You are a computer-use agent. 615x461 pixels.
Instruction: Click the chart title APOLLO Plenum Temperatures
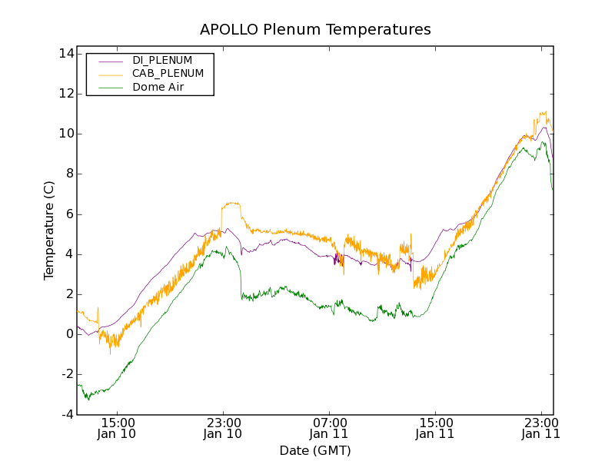315,30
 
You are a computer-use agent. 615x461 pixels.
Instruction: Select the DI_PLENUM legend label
162,60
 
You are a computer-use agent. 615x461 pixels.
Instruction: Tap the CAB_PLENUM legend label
168,74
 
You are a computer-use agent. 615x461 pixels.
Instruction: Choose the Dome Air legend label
158,88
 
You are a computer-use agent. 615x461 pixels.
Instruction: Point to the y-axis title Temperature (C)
49,230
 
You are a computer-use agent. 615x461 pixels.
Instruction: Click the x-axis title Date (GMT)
315,450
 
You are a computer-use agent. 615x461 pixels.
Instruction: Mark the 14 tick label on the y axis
65,54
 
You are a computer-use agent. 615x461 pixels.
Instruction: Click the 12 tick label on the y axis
65,94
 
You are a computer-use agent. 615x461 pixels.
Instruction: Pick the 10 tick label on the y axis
65,134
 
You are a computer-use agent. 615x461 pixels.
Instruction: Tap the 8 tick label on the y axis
69,174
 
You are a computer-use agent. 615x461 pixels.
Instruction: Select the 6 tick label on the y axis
69,214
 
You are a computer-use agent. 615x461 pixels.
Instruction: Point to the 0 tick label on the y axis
69,334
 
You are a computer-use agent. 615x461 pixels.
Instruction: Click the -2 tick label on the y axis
67,374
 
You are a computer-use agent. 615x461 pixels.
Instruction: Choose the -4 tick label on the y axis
67,414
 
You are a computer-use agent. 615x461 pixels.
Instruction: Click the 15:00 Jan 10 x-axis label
118,428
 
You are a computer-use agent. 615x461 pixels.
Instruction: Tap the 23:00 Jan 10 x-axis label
224,428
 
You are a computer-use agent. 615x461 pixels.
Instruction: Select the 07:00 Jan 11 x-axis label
329,428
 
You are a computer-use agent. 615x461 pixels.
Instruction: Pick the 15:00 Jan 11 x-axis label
435,428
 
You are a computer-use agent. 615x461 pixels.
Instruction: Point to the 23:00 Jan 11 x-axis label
540,428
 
